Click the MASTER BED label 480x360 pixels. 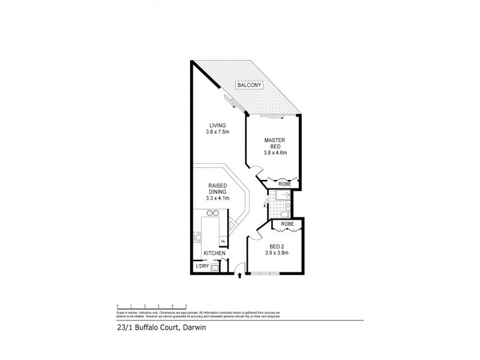pos(274,143)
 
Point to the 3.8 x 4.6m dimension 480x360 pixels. pos(275,152)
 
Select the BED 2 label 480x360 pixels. pos(277,245)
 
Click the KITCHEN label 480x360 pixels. pos(214,254)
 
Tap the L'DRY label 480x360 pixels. pos(201,265)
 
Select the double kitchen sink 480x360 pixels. pos(212,212)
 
